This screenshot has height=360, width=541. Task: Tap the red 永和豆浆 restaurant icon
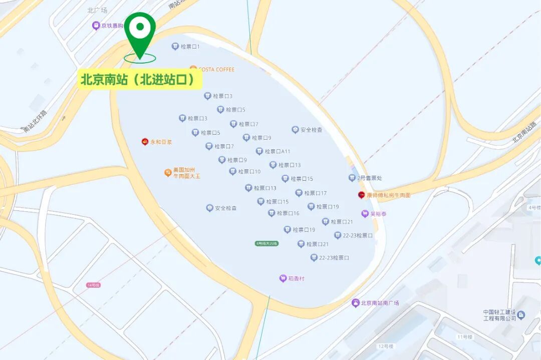pos(145,142)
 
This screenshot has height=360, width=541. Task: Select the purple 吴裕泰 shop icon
pos(365,214)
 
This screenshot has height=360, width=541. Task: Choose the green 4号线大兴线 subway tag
pos(266,243)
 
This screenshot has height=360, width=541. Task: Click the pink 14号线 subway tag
pos(94,285)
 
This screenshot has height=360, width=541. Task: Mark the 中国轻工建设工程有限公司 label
pos(499,315)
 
